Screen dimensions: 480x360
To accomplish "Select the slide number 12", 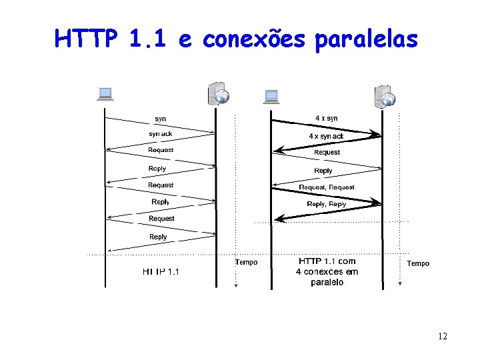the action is (443, 336).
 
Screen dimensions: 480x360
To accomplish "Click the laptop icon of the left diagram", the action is (105, 94).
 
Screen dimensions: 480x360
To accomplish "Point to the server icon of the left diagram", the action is (219, 95).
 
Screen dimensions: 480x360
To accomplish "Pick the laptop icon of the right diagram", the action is (271, 97).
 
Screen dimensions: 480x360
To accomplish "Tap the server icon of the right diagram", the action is (385, 96).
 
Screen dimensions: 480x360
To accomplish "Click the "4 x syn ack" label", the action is (326, 136).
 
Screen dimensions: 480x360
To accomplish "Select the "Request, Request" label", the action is (327, 187).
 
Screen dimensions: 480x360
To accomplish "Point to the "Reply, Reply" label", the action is (327, 204).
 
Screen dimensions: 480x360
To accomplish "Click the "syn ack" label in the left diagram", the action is (160, 134).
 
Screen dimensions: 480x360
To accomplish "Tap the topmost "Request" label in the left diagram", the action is (161, 150).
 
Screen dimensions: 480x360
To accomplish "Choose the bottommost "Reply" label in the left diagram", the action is (159, 237).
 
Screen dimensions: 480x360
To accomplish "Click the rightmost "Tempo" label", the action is (418, 263).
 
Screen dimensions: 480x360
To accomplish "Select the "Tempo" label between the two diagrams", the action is (246, 262).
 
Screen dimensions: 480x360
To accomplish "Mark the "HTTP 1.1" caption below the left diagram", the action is (161, 271).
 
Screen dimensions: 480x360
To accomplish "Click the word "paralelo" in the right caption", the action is (327, 282).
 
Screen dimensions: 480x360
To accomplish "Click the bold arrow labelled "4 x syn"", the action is (326, 127).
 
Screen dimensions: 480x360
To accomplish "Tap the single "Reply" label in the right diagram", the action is (323, 171).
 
